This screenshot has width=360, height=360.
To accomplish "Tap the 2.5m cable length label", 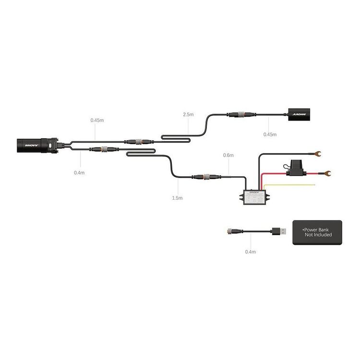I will (188, 115).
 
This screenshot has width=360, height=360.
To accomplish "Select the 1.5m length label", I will (177, 198).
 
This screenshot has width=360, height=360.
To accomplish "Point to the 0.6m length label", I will (228, 156).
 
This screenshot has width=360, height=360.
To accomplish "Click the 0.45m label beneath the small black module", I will (270, 134).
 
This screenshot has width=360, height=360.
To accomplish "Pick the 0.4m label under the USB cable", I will (250, 252).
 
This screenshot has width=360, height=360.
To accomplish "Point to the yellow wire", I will (293, 184).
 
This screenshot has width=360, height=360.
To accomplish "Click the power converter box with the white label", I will (256, 197).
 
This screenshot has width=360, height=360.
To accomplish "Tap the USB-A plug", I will (281, 231).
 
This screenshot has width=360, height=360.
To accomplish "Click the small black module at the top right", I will (300, 115).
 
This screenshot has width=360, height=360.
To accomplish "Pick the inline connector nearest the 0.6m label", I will (203, 177).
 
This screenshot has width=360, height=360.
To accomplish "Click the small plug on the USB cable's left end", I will (231, 231).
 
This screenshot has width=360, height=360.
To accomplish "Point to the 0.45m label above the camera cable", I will (97, 120).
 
